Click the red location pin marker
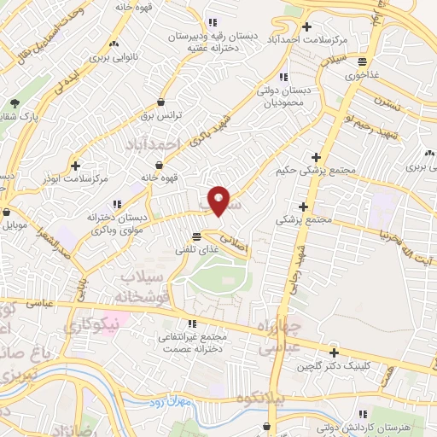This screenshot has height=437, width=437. tap(219, 200)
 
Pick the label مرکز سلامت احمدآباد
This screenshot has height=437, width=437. tap(311, 40)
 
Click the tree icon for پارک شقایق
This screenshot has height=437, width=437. tap(15, 104)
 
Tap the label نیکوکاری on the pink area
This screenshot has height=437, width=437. tap(94, 325)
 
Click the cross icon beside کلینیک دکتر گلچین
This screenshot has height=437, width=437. tap(333, 353)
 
